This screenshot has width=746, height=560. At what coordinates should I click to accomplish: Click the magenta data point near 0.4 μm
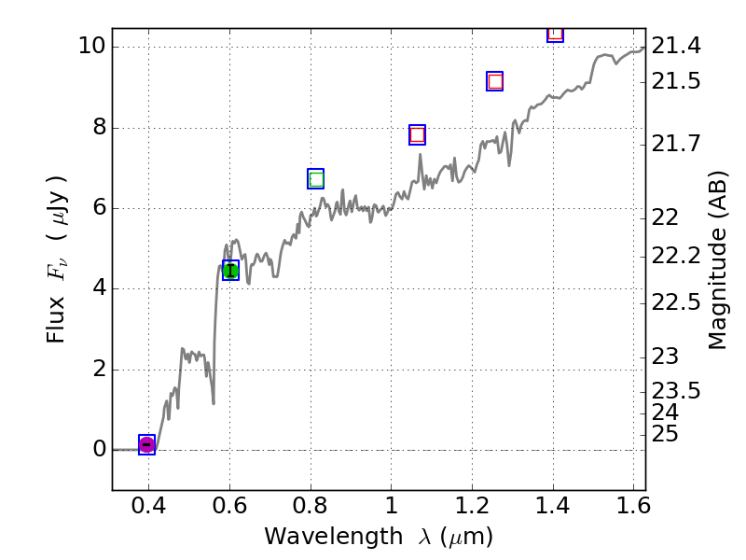click(x=146, y=444)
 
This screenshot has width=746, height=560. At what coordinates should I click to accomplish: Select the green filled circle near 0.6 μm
click(x=230, y=271)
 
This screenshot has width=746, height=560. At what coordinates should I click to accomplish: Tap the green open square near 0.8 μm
click(x=316, y=179)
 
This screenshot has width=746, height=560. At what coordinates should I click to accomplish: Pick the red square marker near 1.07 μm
click(x=417, y=134)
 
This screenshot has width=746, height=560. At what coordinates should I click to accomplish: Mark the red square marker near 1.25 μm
click(x=495, y=81)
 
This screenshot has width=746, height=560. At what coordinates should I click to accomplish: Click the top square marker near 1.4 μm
click(x=555, y=33)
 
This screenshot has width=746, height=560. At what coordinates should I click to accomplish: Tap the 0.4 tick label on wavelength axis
click(x=148, y=508)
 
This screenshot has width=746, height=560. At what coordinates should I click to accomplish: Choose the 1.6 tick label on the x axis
click(x=633, y=508)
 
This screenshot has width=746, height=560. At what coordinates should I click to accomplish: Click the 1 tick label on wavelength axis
click(x=391, y=508)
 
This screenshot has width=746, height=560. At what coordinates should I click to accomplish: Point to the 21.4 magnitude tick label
click(x=676, y=46)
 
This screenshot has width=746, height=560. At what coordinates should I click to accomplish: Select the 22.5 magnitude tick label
click(x=676, y=302)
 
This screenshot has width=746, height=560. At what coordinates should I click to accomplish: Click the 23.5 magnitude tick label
click(x=676, y=390)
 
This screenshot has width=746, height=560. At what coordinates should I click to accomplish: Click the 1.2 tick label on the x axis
click(x=472, y=508)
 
